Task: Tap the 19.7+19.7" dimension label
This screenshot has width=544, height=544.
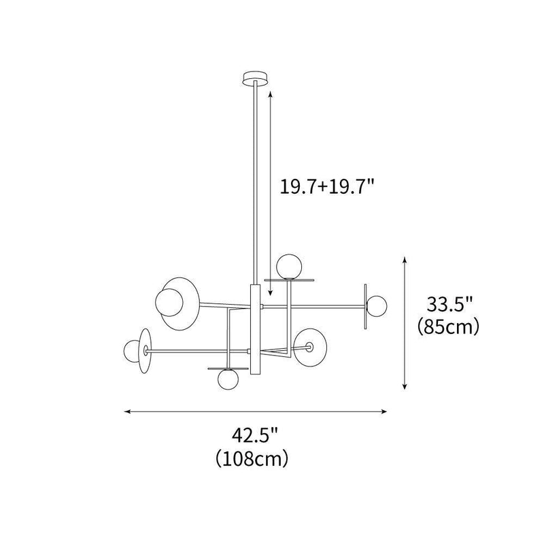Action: pyautogui.click(x=328, y=186)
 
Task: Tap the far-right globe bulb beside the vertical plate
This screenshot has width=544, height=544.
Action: pyautogui.click(x=376, y=305)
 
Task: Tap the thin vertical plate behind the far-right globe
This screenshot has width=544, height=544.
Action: pyautogui.click(x=366, y=305)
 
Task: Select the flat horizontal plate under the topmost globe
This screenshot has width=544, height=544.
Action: pyautogui.click(x=290, y=279)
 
